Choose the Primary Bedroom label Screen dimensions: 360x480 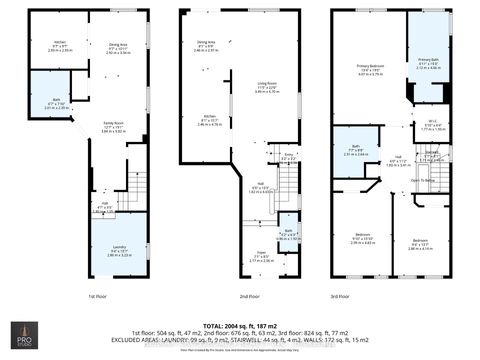(x=372, y=69)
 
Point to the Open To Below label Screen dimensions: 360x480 (x=422, y=180)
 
